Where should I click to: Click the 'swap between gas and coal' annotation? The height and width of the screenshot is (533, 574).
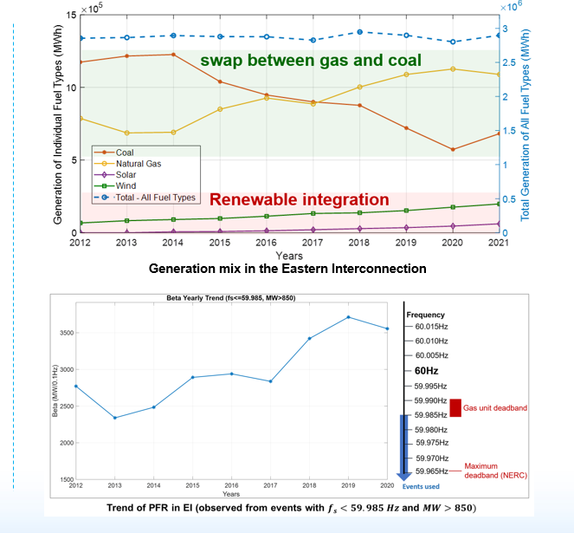pos(311,62)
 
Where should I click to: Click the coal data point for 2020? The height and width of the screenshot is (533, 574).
pos(452,149)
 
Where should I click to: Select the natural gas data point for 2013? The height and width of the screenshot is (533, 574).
pos(127,133)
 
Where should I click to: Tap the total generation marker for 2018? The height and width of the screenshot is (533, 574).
pos(359,32)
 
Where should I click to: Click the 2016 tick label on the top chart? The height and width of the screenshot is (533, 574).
pos(265,244)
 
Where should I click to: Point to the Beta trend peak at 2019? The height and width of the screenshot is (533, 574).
pos(348,317)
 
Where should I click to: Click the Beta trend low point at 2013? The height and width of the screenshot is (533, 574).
pos(114,418)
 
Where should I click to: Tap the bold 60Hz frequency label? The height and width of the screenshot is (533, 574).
pos(431,370)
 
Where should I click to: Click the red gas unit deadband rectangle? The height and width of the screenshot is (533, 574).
pos(455,406)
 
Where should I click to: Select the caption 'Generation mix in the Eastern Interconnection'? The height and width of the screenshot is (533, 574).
pos(287,270)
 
